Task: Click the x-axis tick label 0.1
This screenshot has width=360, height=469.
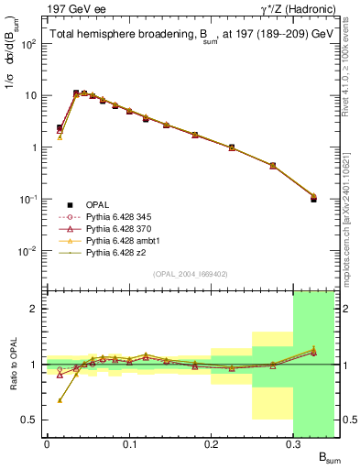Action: pos(128,444)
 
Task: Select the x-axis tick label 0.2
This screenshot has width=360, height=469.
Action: pos(211,444)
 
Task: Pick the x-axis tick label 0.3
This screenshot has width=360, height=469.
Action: pos(293,444)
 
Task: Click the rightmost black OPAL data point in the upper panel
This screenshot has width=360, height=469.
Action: pos(313,198)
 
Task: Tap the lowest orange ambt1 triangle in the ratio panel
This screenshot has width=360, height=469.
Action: pos(60,400)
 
